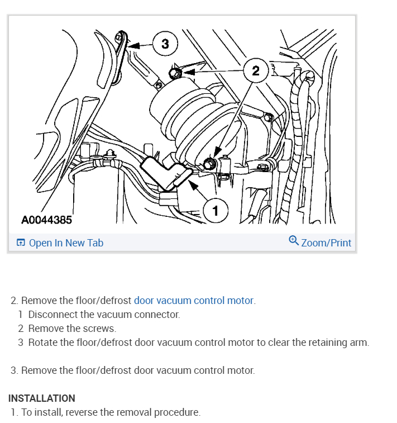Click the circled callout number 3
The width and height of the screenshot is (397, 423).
pyautogui.click(x=165, y=43)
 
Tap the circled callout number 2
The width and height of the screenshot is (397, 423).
pyautogui.click(x=256, y=70)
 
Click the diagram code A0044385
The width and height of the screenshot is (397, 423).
pyautogui.click(x=46, y=220)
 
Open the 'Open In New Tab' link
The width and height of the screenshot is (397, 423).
pyautogui.click(x=66, y=243)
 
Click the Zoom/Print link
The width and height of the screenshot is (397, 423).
pyautogui.click(x=326, y=243)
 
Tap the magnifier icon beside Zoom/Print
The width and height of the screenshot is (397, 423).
pyautogui.click(x=294, y=241)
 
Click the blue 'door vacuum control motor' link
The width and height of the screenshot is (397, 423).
pyautogui.click(x=193, y=301)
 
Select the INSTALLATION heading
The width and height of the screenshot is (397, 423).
pyautogui.click(x=42, y=398)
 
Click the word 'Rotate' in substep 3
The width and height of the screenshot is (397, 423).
pyautogui.click(x=42, y=343)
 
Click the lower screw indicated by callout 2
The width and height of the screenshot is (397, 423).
pyautogui.click(x=210, y=164)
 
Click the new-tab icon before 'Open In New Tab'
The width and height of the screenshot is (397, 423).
pyautogui.click(x=21, y=243)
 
